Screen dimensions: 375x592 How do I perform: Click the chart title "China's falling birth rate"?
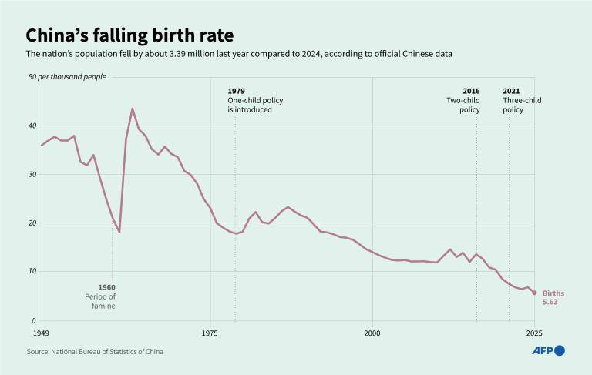[129, 35]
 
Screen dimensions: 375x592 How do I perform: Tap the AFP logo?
[548, 350]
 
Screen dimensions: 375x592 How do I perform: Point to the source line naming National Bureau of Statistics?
[95, 351]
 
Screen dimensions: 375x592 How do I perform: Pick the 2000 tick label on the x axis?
[372, 333]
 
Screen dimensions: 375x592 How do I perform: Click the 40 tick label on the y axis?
[32, 126]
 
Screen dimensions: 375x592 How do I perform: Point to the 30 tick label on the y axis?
[32, 175]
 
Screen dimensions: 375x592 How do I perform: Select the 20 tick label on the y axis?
[32, 223]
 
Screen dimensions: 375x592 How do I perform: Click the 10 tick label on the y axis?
[32, 271]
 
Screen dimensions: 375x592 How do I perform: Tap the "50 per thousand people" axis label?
[67, 77]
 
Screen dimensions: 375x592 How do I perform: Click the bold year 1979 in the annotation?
[236, 91]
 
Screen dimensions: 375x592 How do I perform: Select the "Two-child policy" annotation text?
[463, 105]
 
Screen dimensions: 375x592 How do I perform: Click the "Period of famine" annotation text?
[100, 301]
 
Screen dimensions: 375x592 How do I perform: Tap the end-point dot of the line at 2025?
[535, 293]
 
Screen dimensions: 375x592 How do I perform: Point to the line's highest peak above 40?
[133, 109]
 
